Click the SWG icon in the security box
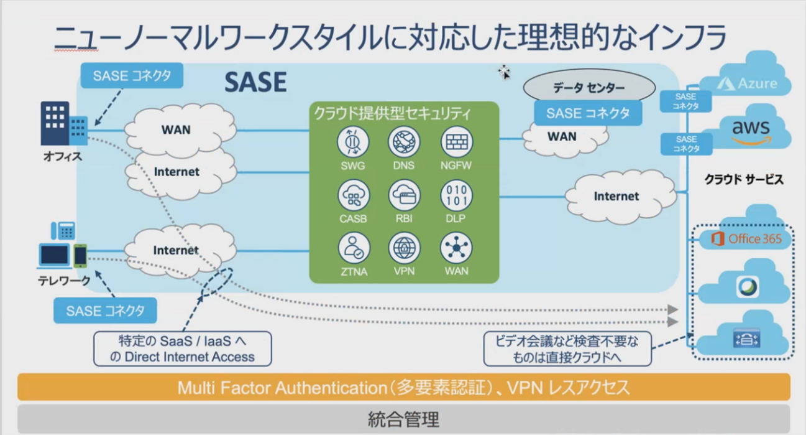coord(353,142)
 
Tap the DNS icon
coord(404,142)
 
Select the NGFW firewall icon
coord(456,142)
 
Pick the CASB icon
coord(353,195)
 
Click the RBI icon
coord(404,195)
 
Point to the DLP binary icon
coord(456,195)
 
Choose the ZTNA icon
coord(353,248)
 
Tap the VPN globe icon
coord(404,248)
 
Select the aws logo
coord(750,131)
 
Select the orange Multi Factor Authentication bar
coord(403,388)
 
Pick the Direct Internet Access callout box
coord(182,348)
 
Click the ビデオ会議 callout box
coord(567,348)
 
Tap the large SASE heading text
coord(255,82)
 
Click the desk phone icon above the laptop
coord(63,232)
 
